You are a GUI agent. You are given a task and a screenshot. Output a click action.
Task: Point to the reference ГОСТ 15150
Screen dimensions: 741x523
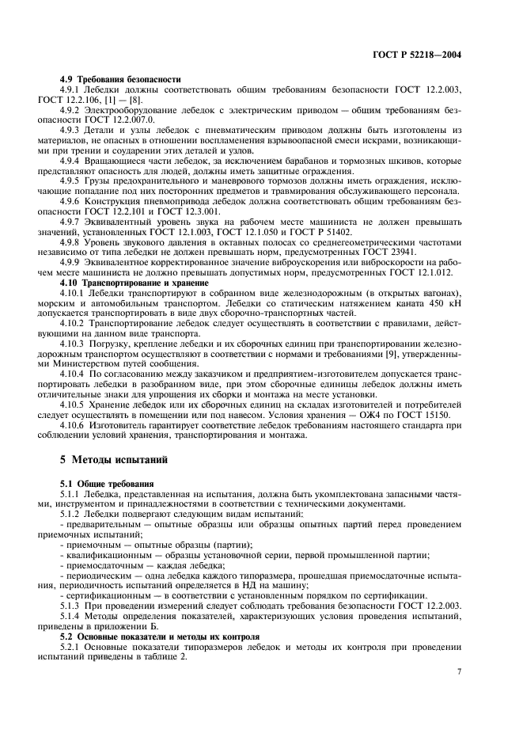click(426, 416)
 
